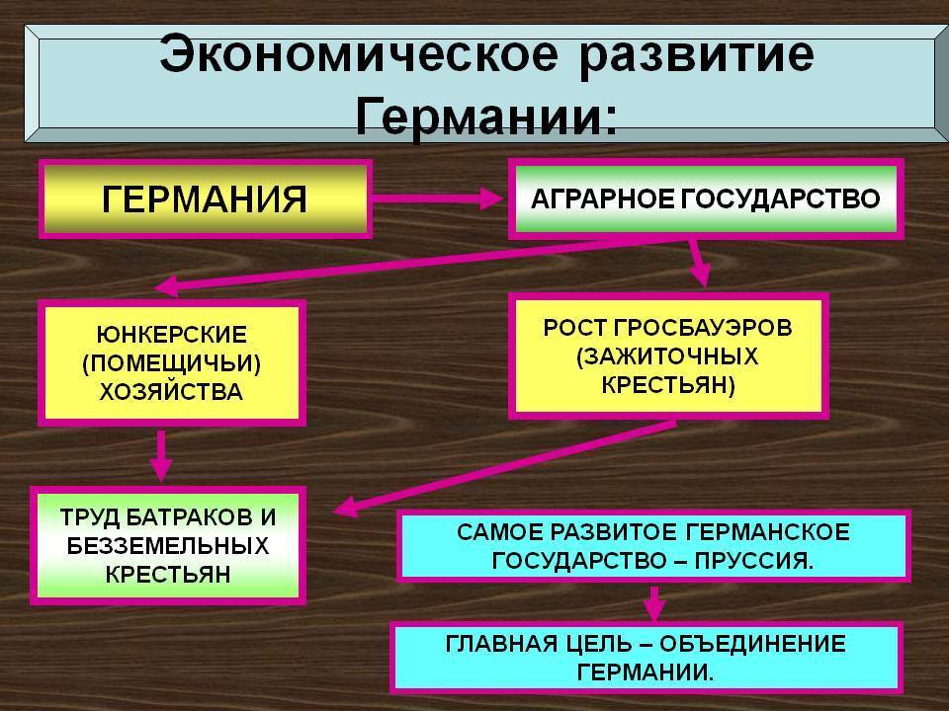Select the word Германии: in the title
[x=485, y=117]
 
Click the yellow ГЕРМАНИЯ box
[x=205, y=197]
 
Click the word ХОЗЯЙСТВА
[x=171, y=391]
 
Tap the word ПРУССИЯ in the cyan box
[x=756, y=561]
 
